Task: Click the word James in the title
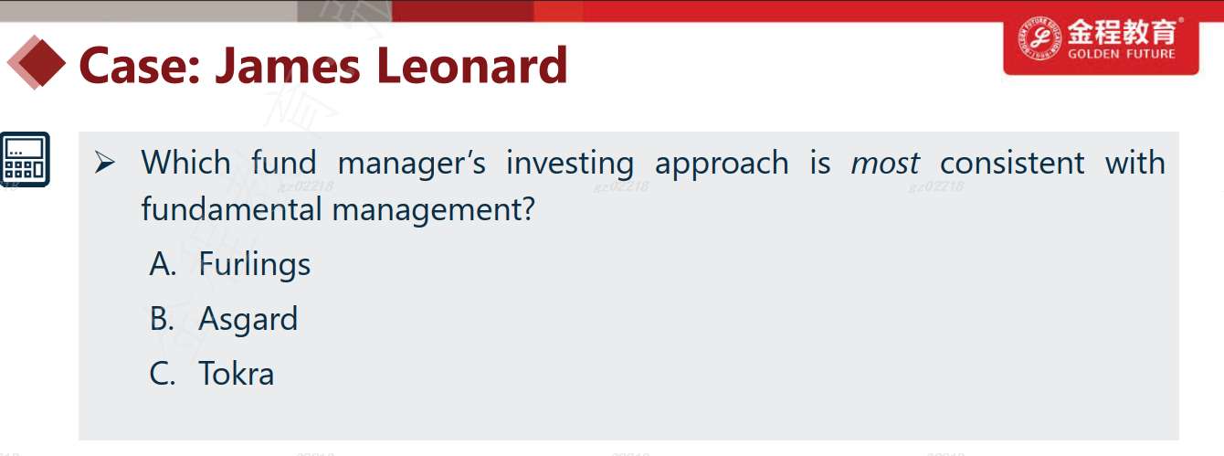tap(288, 67)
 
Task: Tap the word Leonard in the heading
tap(472, 66)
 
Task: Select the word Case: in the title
tap(140, 66)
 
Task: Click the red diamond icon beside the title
tap(36, 62)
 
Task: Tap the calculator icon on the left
tap(25, 159)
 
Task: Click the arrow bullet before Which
tap(104, 163)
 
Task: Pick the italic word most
tap(885, 163)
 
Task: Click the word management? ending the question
tap(434, 210)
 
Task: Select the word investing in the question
tap(570, 164)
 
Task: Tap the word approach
tap(722, 164)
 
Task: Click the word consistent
tap(1012, 163)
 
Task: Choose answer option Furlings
tap(255, 265)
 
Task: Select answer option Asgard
tap(248, 319)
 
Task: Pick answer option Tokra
tap(236, 374)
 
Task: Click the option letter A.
tap(163, 264)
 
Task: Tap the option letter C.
tap(163, 374)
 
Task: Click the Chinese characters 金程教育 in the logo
tap(1122, 31)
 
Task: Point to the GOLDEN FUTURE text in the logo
tap(1122, 54)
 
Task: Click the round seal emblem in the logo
tap(1039, 37)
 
